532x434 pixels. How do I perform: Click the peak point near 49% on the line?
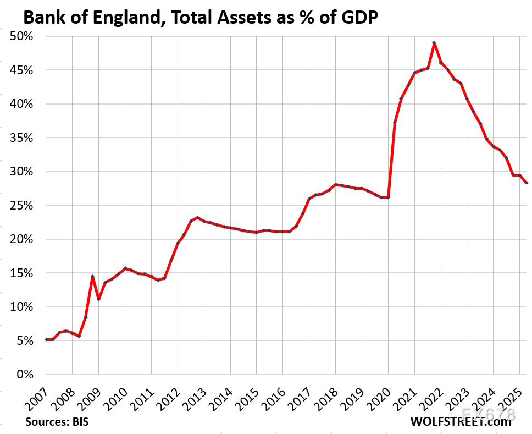[434, 42]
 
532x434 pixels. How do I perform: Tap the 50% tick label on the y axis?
[24, 36]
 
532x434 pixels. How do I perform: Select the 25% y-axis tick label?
[24, 206]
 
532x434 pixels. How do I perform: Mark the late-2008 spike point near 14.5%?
[92, 276]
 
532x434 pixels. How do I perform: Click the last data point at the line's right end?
[526, 183]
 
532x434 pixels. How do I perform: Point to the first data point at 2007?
[46, 339]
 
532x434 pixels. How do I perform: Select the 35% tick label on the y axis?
[24, 138]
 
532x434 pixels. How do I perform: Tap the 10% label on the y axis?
[24, 307]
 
